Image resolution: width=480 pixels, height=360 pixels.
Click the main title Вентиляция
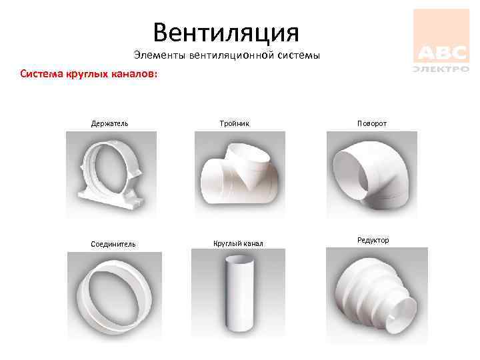tap(226, 33)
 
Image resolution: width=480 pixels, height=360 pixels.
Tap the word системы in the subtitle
tap(299, 55)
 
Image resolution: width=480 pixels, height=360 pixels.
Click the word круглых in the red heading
tap(87, 74)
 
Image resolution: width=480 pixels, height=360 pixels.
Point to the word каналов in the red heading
tap(135, 74)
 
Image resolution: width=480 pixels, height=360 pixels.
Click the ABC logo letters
tap(443, 53)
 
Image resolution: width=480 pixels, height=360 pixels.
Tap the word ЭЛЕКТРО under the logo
tap(441, 69)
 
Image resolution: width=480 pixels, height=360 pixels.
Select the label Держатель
tap(109, 124)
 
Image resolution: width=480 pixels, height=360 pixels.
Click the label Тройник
tap(235, 124)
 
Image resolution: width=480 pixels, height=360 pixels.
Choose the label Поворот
tap(372, 124)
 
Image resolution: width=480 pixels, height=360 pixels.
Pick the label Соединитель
tap(113, 244)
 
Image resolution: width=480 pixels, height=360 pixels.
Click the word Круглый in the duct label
tap(225, 244)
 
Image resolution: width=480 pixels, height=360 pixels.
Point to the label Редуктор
tap(373, 240)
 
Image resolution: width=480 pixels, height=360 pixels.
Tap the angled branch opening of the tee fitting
tap(249, 153)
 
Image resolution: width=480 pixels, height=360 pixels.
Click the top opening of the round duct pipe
tap(240, 260)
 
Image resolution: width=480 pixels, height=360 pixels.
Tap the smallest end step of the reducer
tap(401, 315)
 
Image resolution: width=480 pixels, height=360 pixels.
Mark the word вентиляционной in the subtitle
tap(231, 55)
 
